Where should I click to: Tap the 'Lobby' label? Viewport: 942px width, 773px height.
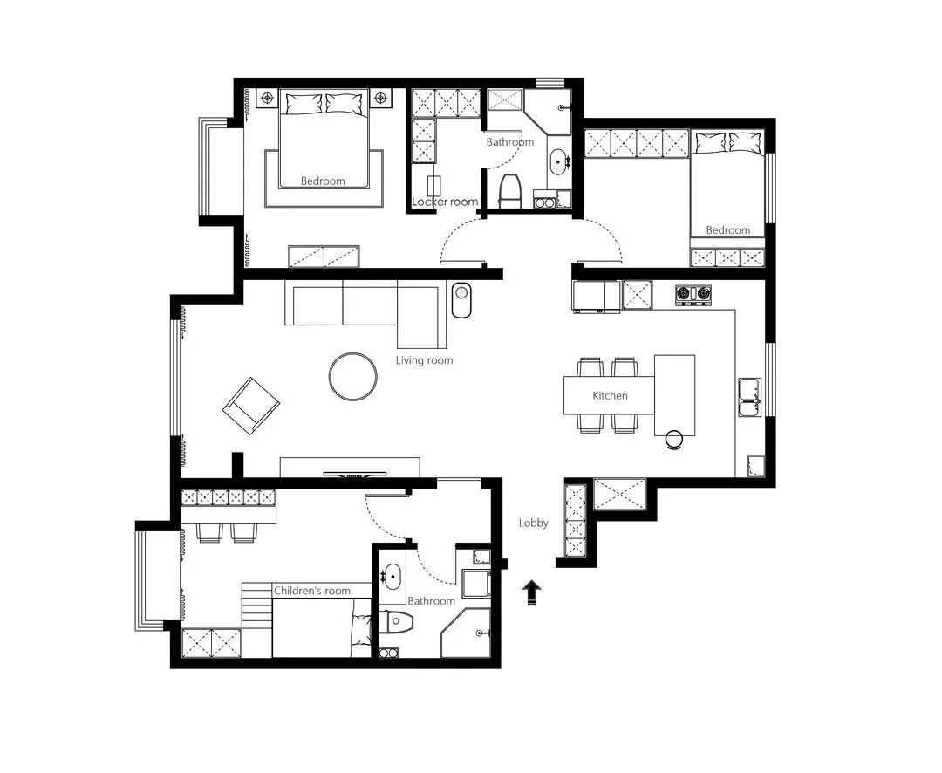click(x=534, y=523)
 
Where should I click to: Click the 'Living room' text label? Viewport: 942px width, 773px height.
click(x=424, y=360)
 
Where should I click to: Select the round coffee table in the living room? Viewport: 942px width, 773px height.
click(x=353, y=376)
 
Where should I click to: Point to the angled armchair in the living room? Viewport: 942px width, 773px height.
click(x=251, y=406)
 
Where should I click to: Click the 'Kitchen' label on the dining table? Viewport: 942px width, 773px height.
click(x=610, y=395)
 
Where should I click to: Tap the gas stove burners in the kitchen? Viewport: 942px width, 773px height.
click(x=693, y=294)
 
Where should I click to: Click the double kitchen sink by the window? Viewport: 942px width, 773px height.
click(x=749, y=397)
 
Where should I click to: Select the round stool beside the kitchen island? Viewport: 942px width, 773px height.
click(x=674, y=440)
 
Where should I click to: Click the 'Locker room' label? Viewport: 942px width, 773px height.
click(x=445, y=202)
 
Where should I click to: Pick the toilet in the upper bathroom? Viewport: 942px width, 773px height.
click(x=511, y=191)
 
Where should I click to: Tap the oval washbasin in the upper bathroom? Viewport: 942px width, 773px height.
click(x=558, y=161)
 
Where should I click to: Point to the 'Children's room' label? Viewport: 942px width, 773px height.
click(x=311, y=591)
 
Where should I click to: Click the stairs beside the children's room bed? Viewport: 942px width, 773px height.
click(x=257, y=619)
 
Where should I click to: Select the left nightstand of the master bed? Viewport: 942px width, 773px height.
click(x=268, y=98)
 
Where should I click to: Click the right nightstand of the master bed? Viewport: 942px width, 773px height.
click(x=379, y=98)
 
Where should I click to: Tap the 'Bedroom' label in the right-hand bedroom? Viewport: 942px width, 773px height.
click(x=727, y=230)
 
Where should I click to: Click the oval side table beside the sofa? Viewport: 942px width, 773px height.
click(x=461, y=300)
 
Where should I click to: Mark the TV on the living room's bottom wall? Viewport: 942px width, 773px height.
click(x=354, y=475)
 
